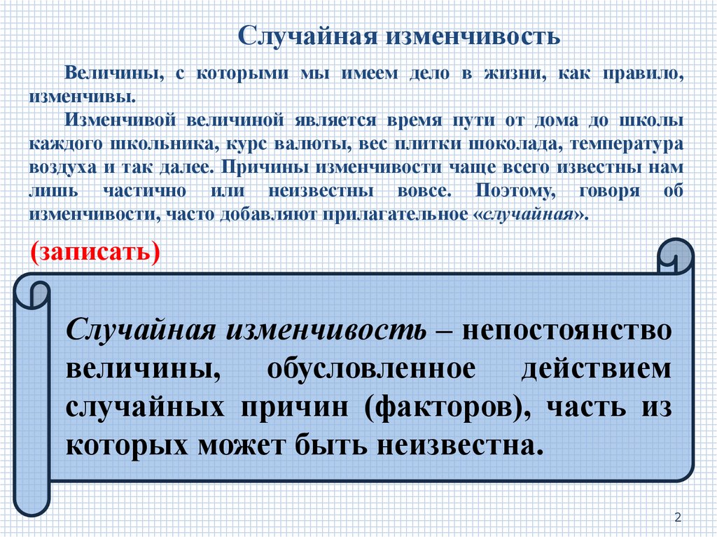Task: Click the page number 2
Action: click(678, 517)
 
